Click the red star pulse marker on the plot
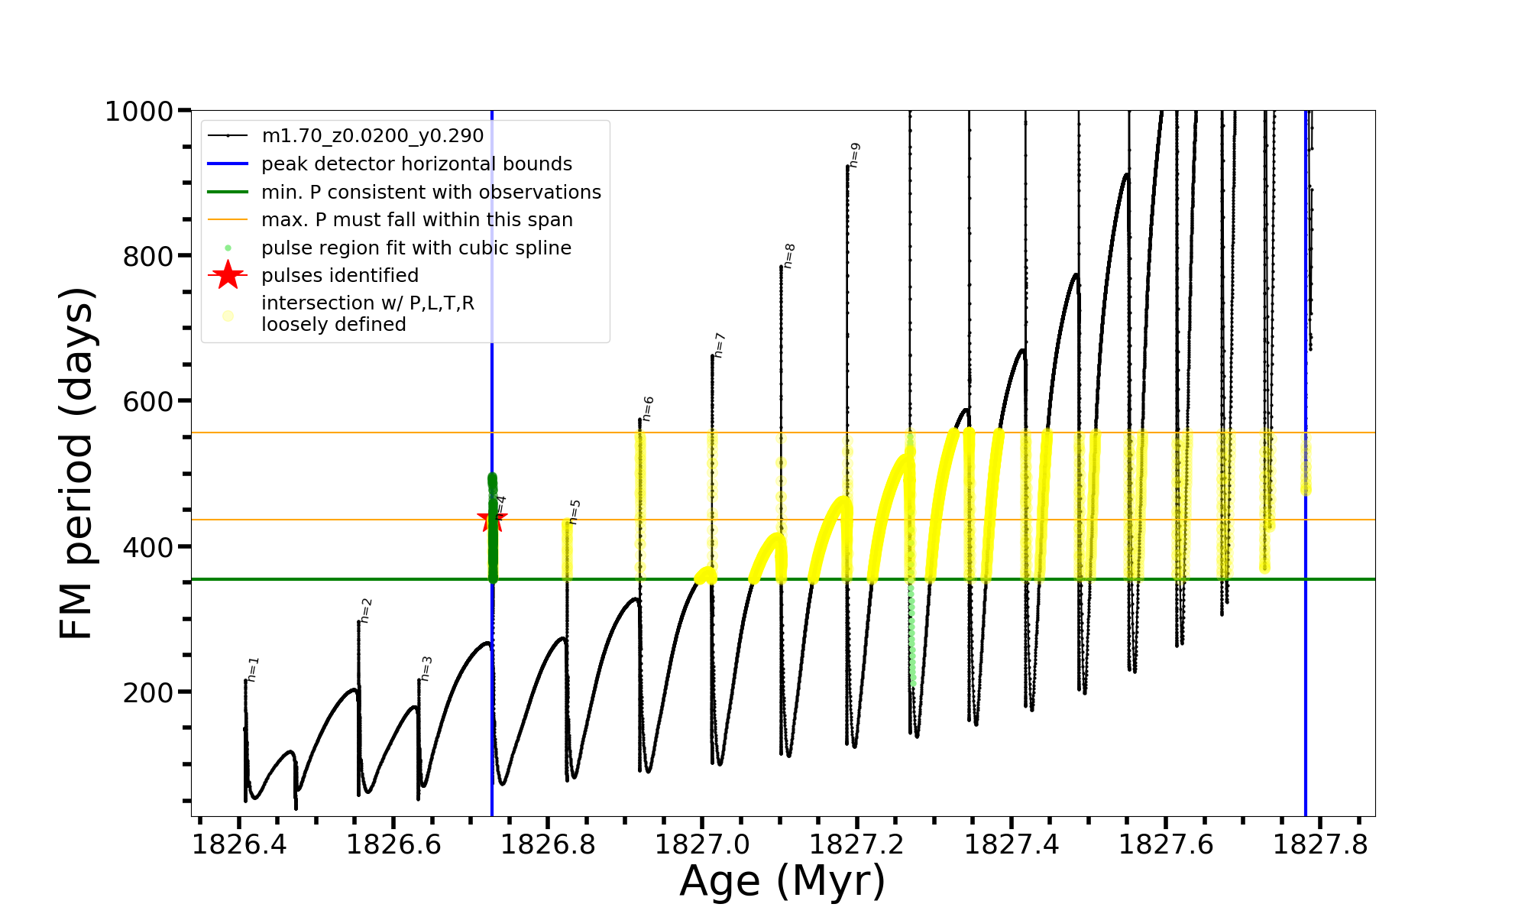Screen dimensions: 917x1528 tap(491, 520)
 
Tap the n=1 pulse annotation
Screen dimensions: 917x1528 tap(254, 669)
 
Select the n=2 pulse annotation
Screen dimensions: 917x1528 tap(366, 611)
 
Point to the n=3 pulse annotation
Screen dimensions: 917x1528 tap(426, 668)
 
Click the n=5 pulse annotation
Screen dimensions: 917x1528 tap(575, 512)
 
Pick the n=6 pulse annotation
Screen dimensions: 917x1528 tap(648, 408)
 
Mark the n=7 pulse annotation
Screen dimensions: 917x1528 tap(719, 345)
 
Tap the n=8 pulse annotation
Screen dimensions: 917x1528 tap(789, 255)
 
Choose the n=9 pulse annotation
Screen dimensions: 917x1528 tap(855, 154)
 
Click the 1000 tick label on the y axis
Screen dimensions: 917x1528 tap(139, 112)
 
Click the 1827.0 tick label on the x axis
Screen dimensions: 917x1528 tap(703, 844)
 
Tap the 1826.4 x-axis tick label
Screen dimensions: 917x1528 tap(239, 844)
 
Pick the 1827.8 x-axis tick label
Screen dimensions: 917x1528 tap(1320, 844)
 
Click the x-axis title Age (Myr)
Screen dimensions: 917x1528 tap(782, 881)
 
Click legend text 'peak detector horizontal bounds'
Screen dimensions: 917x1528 tap(416, 164)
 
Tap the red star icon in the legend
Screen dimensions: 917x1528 tap(228, 275)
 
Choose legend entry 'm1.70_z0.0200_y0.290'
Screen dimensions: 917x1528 tap(372, 136)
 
